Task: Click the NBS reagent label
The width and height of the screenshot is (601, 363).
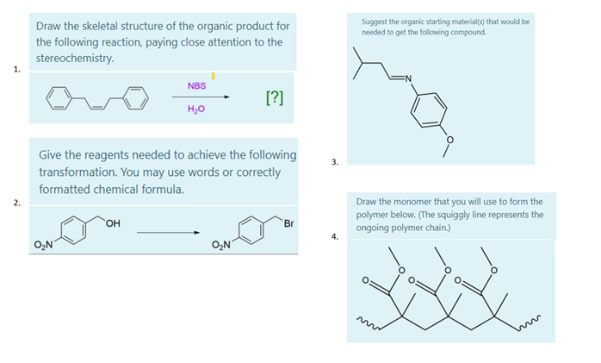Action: (x=196, y=85)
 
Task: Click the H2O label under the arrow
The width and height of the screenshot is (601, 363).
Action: (x=197, y=110)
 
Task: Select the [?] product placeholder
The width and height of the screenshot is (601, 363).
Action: (x=274, y=97)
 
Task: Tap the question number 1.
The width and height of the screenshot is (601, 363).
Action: (x=15, y=70)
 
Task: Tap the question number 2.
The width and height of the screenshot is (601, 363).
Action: (x=15, y=203)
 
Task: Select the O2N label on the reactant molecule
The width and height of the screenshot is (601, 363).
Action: (x=43, y=246)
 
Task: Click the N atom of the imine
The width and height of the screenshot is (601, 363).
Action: (x=408, y=81)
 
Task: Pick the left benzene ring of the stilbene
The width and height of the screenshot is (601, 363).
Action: (x=58, y=97)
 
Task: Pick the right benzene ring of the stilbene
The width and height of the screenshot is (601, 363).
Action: (x=135, y=97)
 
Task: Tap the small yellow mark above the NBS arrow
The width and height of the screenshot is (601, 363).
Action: (x=213, y=77)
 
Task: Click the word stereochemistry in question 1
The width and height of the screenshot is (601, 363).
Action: (x=74, y=58)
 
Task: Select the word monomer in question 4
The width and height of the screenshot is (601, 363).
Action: (x=414, y=202)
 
